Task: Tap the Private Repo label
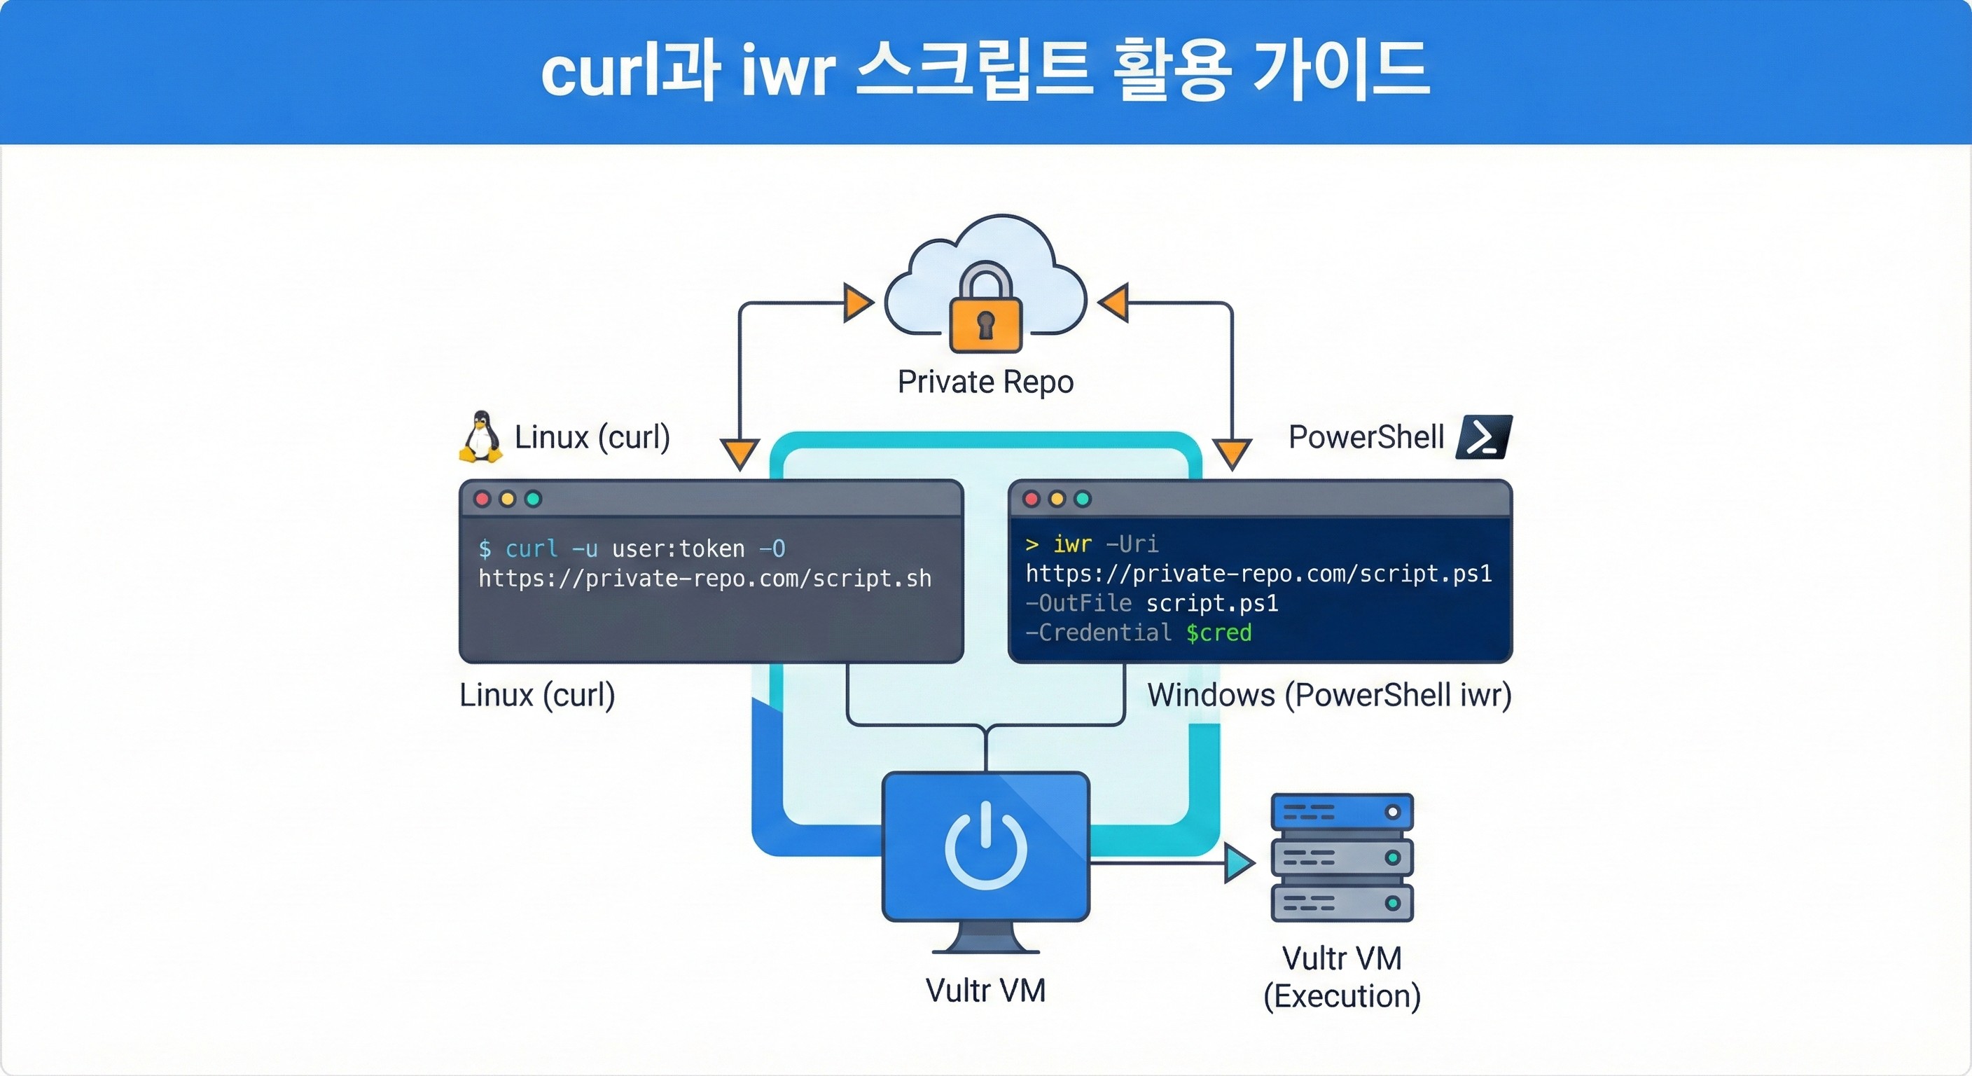pyautogui.click(x=985, y=381)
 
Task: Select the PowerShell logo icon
pyautogui.click(x=1485, y=436)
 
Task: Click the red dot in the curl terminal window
pyautogui.click(x=482, y=499)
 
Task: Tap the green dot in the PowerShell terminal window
pyautogui.click(x=1083, y=499)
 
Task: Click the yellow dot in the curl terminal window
pyautogui.click(x=508, y=499)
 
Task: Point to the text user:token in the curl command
pyautogui.click(x=679, y=549)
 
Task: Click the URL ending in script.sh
pyautogui.click(x=704, y=578)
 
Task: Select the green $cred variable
pyautogui.click(x=1218, y=633)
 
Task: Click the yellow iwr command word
pyautogui.click(x=1071, y=544)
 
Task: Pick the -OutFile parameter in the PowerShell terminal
pyautogui.click(x=1078, y=603)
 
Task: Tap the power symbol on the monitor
pyautogui.click(x=985, y=846)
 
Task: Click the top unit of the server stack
pyautogui.click(x=1341, y=812)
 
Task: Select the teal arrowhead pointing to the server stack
pyautogui.click(x=1238, y=863)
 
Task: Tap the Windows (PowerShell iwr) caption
pyautogui.click(x=1329, y=696)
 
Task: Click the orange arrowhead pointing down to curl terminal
pyautogui.click(x=739, y=453)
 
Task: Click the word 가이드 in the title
pyautogui.click(x=1340, y=71)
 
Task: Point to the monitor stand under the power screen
pyautogui.click(x=985, y=939)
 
